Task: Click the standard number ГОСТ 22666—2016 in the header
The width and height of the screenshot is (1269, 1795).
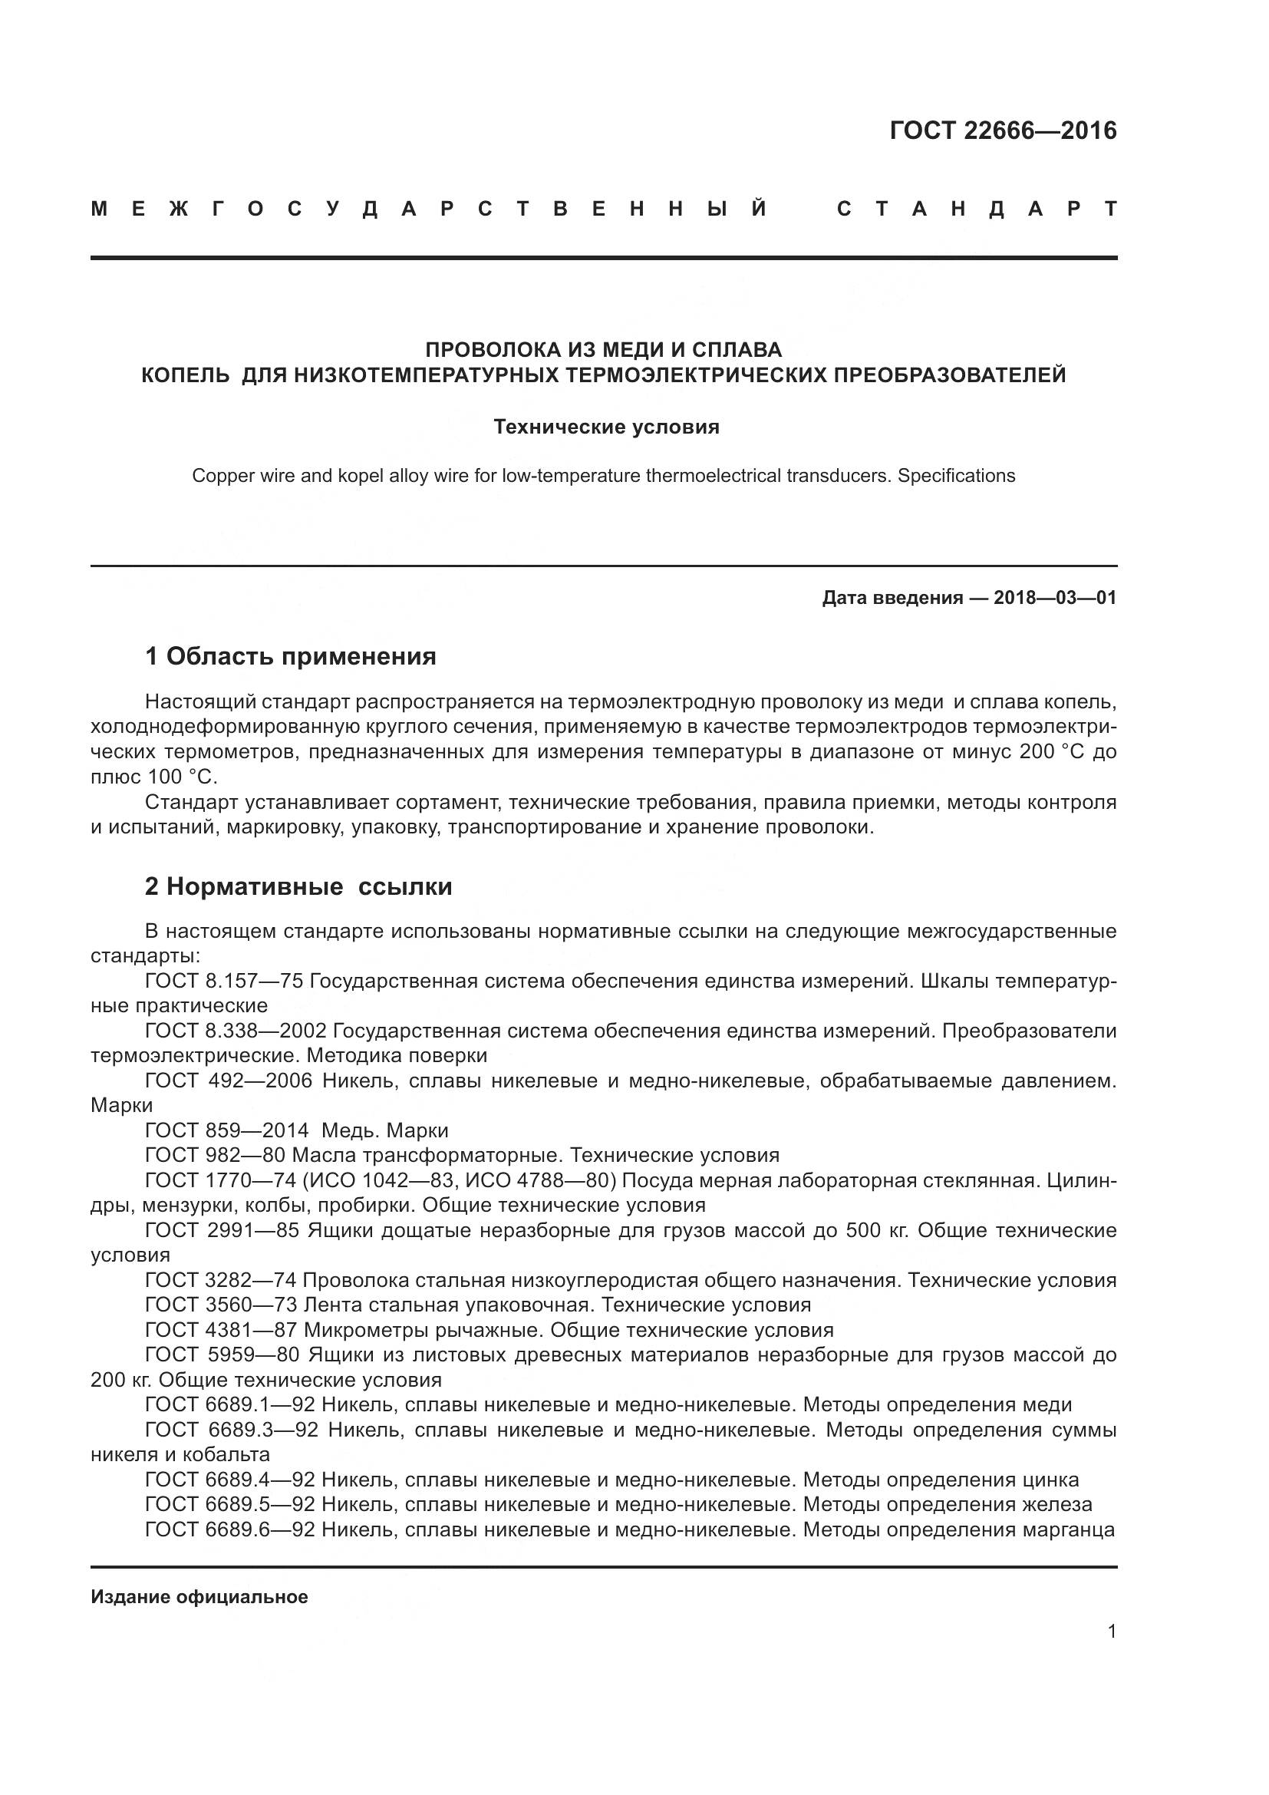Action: [1003, 130]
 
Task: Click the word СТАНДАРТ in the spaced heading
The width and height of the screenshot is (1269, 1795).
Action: [977, 210]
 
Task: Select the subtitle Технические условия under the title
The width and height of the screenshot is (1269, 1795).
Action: [605, 427]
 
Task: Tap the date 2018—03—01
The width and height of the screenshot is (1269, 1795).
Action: [1055, 599]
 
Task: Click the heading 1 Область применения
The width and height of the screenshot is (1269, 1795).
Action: [290, 657]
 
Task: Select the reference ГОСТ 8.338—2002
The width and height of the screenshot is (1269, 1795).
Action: [240, 1031]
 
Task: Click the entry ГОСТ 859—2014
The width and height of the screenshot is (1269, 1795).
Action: [226, 1130]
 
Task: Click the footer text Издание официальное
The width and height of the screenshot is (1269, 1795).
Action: [199, 1597]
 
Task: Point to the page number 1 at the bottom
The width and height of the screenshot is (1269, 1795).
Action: [1112, 1632]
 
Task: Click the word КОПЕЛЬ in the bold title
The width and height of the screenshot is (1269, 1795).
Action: [185, 376]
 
